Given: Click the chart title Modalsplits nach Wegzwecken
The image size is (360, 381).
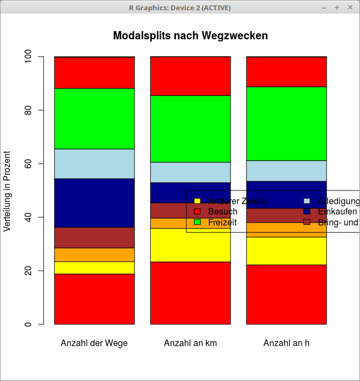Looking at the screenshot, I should (x=190, y=36).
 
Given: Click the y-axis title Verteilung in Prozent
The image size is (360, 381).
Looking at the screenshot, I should (x=7, y=190).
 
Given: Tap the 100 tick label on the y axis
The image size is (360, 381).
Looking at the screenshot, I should (x=27, y=57).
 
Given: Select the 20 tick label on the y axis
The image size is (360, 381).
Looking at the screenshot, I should (x=27, y=271).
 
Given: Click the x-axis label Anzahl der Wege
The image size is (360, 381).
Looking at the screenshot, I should (x=94, y=343).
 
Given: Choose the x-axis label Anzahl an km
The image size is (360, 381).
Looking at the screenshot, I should (x=190, y=343).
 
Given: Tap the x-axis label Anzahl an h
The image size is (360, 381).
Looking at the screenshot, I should (x=286, y=343).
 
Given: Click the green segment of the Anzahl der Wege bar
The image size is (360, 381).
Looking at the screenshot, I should (x=94, y=118).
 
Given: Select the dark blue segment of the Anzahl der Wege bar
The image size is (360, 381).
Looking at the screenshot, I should (x=94, y=203).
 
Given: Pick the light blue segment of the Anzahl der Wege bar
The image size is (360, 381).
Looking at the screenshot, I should (x=94, y=164).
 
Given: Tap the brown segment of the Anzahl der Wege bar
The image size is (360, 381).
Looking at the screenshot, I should (x=94, y=237).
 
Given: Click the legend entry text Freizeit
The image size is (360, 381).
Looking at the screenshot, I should (x=222, y=222).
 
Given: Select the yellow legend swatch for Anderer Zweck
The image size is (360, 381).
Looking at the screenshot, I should (x=198, y=201).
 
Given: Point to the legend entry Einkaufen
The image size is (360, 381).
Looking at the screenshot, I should (x=337, y=211).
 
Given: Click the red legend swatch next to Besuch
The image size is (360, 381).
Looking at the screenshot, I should (x=198, y=211).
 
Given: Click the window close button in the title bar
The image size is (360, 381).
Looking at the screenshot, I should (x=350, y=8).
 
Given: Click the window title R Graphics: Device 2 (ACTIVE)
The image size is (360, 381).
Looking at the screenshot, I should (x=180, y=8).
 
